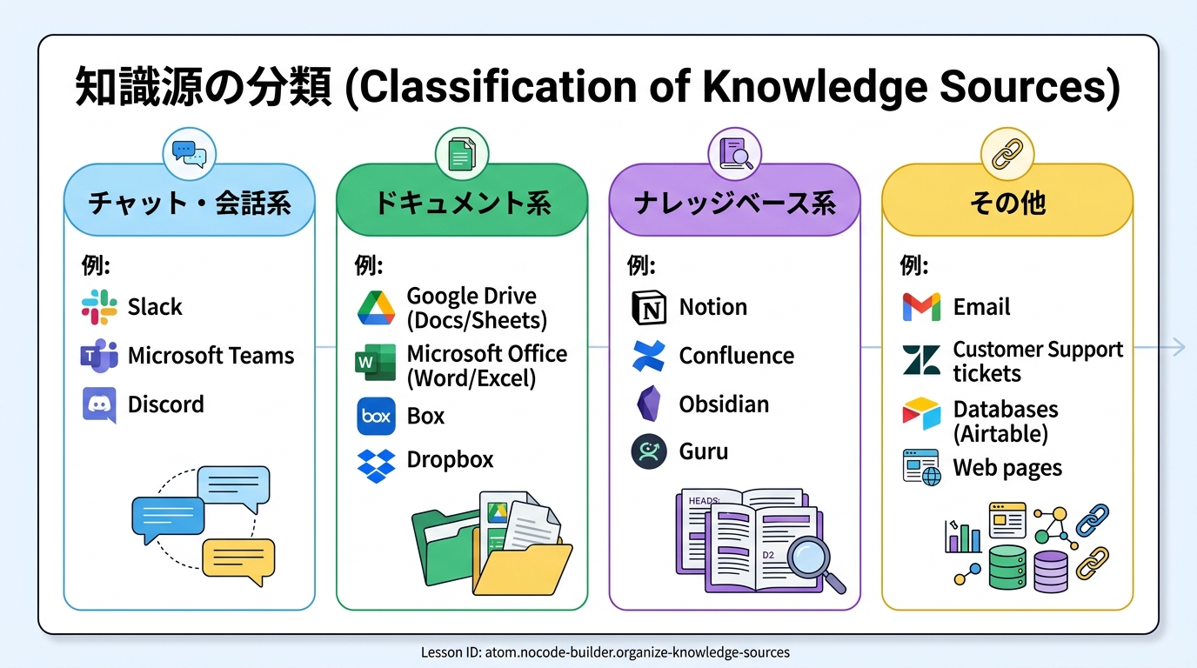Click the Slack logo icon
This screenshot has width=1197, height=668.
(x=99, y=307)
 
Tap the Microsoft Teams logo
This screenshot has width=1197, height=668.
(x=99, y=356)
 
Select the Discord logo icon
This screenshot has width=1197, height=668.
(x=99, y=404)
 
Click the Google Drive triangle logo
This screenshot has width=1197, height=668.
(x=376, y=308)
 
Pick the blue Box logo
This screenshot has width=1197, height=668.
(x=376, y=416)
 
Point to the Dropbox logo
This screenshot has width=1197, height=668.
(x=376, y=466)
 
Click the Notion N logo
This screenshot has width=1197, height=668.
(x=649, y=308)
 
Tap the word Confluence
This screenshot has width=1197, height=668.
(x=736, y=356)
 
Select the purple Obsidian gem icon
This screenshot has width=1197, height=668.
(x=649, y=404)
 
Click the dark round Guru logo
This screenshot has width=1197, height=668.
(x=649, y=451)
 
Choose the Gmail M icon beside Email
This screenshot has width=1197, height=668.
(x=921, y=307)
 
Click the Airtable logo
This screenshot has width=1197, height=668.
(x=921, y=413)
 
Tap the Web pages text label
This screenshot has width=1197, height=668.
(x=1007, y=468)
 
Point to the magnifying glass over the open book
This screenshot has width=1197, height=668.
(x=816, y=564)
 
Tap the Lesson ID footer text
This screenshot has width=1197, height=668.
(x=605, y=652)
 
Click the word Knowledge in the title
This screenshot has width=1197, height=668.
(x=815, y=87)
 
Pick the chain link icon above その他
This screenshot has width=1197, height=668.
(x=1007, y=154)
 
